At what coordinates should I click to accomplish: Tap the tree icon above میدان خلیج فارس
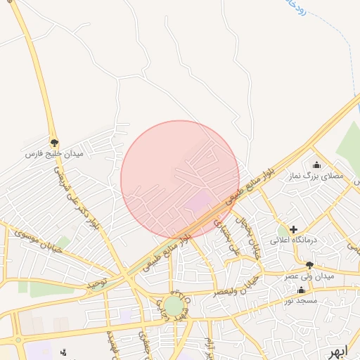coord(54,142)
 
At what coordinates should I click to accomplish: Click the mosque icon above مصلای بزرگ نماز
coord(316,165)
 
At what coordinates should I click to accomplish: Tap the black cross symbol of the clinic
coord(293,229)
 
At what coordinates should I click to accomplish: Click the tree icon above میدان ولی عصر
coord(309,265)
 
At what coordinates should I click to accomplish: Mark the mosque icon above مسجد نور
coord(302,290)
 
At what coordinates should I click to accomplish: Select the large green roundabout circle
coord(173,306)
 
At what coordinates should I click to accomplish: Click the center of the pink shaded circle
coord(180,179)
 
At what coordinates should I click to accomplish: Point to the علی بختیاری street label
coord(227,238)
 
